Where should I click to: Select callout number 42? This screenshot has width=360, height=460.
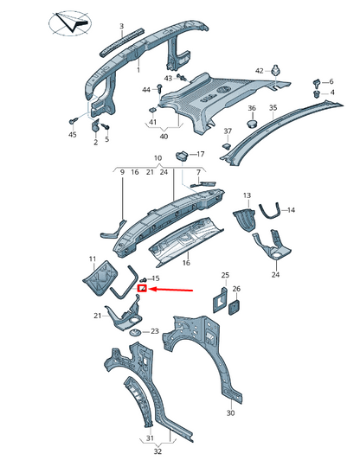[x=259, y=71]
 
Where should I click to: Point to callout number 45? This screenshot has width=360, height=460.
[x=72, y=135]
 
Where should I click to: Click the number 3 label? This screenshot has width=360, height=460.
[x=121, y=27]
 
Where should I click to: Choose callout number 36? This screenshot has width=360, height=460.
[x=253, y=108]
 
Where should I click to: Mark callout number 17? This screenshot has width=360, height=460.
[x=201, y=154]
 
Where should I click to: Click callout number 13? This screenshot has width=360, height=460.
[x=246, y=197]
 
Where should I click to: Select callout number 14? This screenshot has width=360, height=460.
[x=291, y=210]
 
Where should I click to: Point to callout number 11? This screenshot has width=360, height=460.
[x=93, y=259]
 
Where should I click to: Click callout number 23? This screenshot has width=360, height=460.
[x=154, y=331]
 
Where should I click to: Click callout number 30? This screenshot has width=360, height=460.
[x=230, y=414]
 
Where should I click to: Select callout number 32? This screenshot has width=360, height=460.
[x=157, y=450]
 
